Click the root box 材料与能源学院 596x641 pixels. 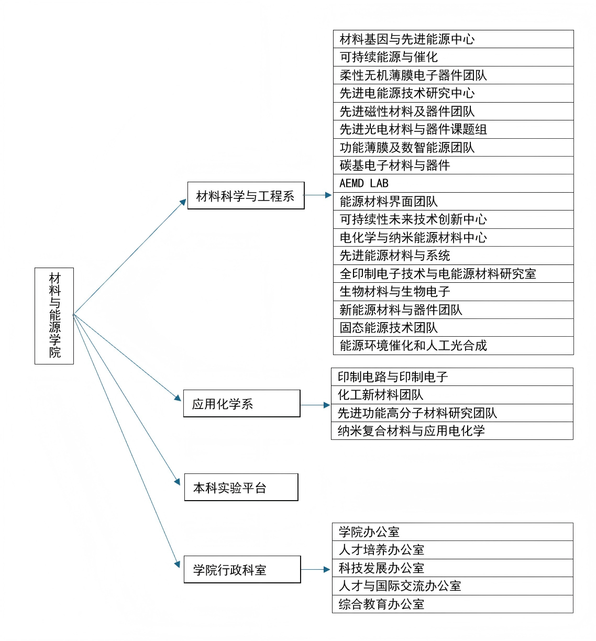[x=54, y=316]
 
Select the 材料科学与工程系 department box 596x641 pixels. [x=246, y=195]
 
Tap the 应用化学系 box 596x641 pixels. [x=241, y=403]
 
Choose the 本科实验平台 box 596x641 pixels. [x=241, y=487]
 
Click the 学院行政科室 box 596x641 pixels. [x=242, y=569]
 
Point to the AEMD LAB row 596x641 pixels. [x=453, y=183]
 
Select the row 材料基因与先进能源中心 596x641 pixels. [x=453, y=39]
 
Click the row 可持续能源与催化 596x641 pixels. [x=453, y=57]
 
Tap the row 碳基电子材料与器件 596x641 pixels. [x=453, y=165]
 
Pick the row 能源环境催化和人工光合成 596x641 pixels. [x=453, y=346]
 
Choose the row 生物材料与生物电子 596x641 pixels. [x=453, y=292]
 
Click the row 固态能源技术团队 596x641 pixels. [x=453, y=328]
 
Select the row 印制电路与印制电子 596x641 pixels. [x=452, y=377]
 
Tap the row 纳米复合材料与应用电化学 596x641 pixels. [x=452, y=430]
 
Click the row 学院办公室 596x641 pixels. [x=452, y=532]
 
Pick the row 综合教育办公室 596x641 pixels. [x=452, y=604]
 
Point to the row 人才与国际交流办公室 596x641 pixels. [x=452, y=586]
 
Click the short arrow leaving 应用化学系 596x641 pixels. [x=315, y=405]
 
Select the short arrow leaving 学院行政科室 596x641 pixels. [x=315, y=570]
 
